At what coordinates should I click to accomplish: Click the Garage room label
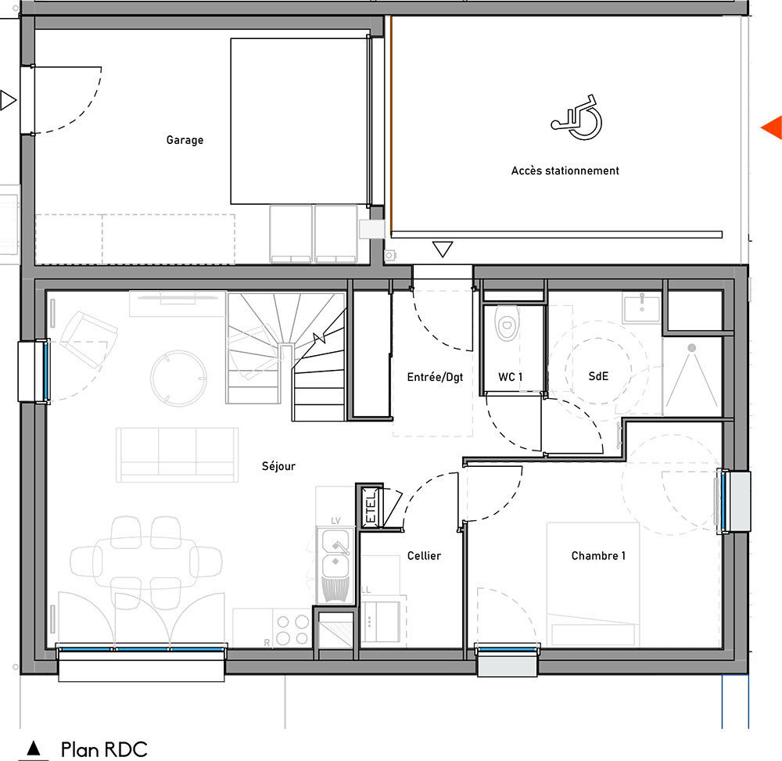click(x=185, y=140)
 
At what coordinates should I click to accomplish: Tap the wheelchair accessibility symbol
click(x=577, y=117)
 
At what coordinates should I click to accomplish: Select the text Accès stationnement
click(x=565, y=171)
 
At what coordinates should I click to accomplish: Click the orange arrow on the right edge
click(x=772, y=127)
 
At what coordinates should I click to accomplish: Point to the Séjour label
click(x=279, y=466)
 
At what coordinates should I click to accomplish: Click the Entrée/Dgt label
click(x=435, y=377)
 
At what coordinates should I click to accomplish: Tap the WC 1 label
click(x=510, y=377)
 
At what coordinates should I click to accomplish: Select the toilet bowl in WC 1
click(x=508, y=323)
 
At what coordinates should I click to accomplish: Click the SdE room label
click(x=598, y=376)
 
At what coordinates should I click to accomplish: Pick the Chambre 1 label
click(x=598, y=555)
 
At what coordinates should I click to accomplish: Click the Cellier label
click(x=424, y=555)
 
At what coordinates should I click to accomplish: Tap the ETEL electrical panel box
click(x=371, y=506)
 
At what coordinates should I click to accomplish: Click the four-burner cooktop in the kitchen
click(x=292, y=630)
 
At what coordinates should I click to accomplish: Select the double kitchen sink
click(x=335, y=565)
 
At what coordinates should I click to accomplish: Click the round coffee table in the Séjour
click(x=178, y=378)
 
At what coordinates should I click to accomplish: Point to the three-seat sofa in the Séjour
click(x=177, y=454)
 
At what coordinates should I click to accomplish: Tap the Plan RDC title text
click(x=104, y=749)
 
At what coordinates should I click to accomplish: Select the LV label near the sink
click(x=335, y=521)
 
